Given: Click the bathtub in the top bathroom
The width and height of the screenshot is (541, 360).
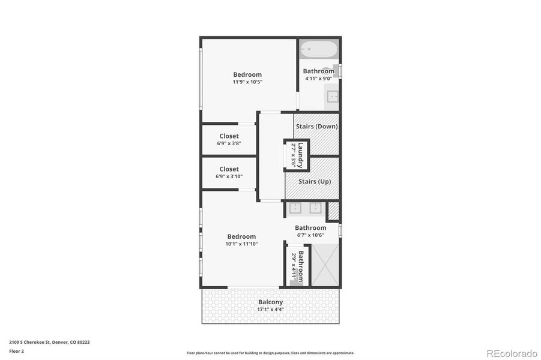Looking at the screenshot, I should point(318,48).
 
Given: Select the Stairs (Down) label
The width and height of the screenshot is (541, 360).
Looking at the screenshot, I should point(316,127).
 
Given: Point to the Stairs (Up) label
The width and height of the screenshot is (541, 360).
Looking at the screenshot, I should point(315,181).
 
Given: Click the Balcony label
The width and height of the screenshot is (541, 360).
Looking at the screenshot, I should point(270,302).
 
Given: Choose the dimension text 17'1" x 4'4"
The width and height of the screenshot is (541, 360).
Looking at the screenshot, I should point(270,310).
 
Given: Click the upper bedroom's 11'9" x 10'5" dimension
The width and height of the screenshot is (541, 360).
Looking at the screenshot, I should point(247,82).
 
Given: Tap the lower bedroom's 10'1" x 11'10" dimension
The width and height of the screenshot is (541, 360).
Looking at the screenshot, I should point(241,244).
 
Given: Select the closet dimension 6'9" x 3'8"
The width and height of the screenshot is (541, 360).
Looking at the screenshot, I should point(229,144).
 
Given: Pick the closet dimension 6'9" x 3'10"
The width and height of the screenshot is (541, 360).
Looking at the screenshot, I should point(229,177).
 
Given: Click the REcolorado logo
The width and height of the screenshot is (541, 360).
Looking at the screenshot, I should point(511,353).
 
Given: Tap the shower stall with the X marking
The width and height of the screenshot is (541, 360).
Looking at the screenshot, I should point(325,265).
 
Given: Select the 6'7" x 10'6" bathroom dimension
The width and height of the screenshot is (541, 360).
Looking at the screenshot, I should point(310,235).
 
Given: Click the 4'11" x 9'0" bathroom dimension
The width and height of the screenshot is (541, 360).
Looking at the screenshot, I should point(318,79).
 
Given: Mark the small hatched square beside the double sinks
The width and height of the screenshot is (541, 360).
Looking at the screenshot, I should point(333,211).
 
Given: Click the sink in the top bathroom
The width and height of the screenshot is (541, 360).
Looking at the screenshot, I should point(331,96).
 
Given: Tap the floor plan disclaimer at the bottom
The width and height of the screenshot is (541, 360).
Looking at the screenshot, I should point(270,353).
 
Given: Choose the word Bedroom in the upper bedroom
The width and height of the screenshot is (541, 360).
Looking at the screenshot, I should point(247,74).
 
